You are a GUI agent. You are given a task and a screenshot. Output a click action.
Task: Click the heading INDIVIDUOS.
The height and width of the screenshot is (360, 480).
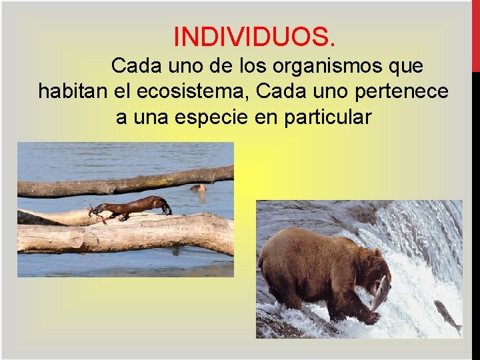click(254, 37)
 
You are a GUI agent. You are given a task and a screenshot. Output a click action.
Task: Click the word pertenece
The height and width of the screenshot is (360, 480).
click(402, 91)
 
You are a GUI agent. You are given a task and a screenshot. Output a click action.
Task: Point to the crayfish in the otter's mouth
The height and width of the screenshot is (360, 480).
click(97, 213)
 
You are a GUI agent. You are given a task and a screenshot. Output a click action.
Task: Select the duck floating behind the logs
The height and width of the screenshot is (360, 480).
click(198, 189)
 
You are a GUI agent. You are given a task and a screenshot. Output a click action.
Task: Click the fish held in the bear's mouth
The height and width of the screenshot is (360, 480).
click(381, 293)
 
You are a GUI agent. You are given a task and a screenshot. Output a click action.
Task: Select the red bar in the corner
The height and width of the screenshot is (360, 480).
click(475, 36)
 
